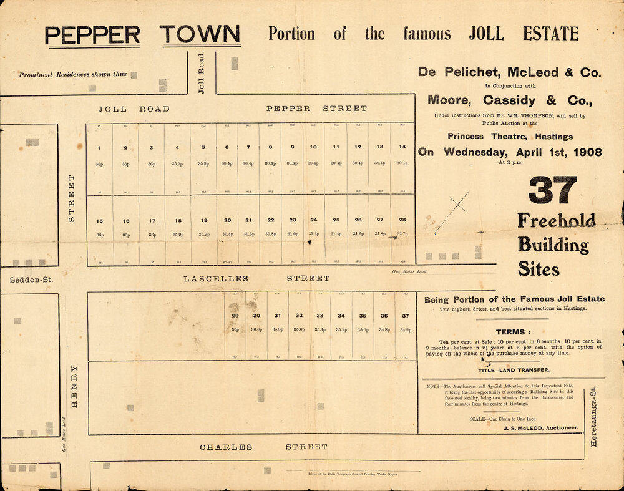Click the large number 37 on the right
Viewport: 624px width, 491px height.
pos(552,190)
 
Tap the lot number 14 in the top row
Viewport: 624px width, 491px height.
pos(402,147)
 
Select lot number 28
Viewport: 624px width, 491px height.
pos(402,220)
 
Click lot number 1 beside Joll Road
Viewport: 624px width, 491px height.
pos(99,148)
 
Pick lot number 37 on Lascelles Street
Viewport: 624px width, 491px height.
pos(406,316)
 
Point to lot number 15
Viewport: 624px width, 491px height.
pos(99,221)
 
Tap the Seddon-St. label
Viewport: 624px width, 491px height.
pos(32,280)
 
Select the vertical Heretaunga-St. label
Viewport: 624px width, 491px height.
pos(593,417)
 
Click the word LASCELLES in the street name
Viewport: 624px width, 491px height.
pos(216,279)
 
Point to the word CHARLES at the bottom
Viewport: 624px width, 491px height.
pos(226,447)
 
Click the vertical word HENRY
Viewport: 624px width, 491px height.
pos(74,387)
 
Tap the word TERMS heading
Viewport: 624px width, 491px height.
pos(512,332)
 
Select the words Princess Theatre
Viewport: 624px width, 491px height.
pos(509,137)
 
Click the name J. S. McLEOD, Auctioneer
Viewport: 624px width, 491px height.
pos(541,429)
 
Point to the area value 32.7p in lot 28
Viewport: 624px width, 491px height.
pos(402,234)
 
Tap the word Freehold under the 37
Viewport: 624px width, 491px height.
pos(556,220)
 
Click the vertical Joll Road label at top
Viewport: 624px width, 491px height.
pos(202,73)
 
